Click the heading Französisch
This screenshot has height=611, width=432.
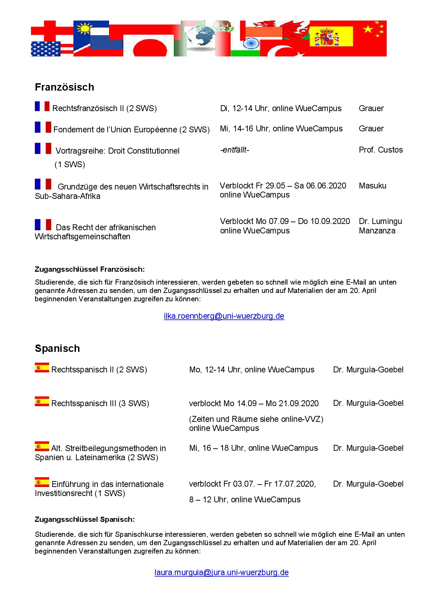64,87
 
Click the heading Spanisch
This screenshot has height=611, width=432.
57,348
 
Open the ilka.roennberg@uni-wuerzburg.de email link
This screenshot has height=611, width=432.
224,316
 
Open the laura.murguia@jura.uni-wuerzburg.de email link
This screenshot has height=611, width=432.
222,572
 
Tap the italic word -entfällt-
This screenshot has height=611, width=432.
234,150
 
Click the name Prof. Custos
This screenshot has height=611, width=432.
381,150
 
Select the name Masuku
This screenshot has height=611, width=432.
372,186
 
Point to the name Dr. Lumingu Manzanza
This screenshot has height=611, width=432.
380,226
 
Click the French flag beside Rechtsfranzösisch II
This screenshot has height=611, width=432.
42,107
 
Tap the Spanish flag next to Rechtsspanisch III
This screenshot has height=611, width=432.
42,401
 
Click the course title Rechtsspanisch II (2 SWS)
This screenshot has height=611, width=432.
99,370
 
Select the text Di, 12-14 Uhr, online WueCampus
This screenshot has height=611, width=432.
281,108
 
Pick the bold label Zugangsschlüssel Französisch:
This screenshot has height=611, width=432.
90,269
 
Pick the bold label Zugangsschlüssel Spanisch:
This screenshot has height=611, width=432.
85,519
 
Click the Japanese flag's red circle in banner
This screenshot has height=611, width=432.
150,48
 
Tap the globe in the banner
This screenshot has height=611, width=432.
201,36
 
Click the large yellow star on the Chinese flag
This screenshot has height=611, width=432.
368,29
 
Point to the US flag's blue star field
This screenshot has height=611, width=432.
46,49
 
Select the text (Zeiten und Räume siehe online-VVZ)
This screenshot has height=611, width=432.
256,419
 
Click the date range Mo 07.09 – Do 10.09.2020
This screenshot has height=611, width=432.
303,221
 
